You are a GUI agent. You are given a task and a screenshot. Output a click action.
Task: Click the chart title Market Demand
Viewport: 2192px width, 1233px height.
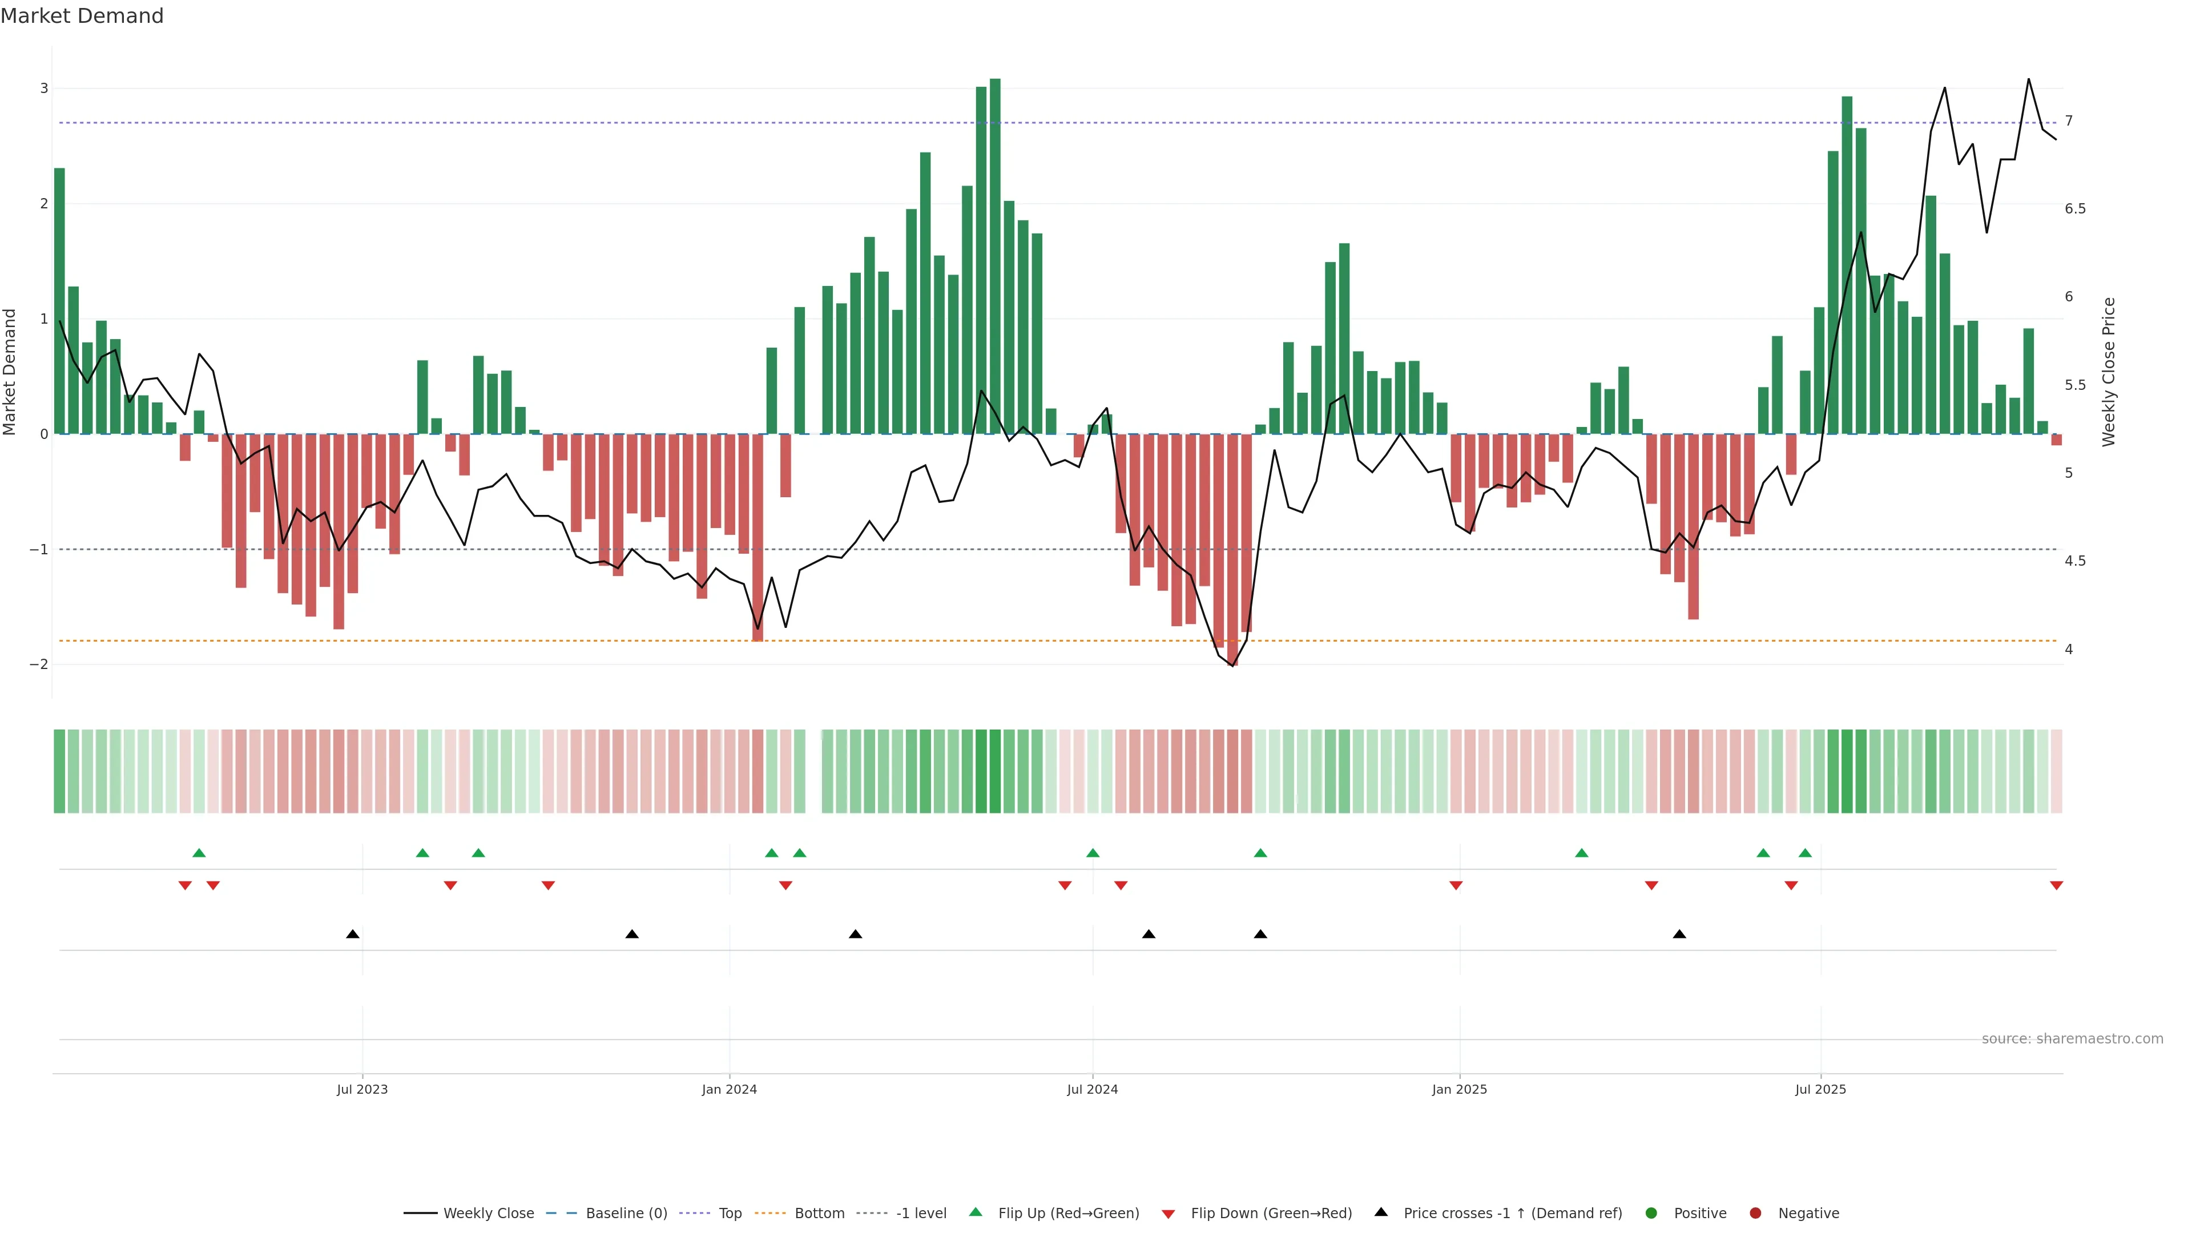pyautogui.click(x=82, y=16)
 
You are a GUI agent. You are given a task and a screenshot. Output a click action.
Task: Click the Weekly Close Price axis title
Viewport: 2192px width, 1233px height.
pyautogui.click(x=2108, y=372)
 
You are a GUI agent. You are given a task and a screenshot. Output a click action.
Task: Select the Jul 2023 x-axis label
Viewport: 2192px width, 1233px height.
pyautogui.click(x=362, y=1089)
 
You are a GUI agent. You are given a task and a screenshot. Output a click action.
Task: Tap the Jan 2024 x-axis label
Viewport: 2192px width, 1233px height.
pyautogui.click(x=730, y=1089)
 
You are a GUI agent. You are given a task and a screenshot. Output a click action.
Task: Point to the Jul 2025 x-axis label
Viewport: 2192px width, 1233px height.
pyautogui.click(x=1820, y=1089)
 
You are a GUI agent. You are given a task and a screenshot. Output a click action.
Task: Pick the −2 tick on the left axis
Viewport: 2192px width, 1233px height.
pyautogui.click(x=39, y=664)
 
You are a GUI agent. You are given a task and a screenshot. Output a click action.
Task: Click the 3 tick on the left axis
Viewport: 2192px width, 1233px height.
pyautogui.click(x=45, y=88)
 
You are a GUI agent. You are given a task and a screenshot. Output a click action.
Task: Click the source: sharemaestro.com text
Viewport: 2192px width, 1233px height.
pyautogui.click(x=2072, y=1039)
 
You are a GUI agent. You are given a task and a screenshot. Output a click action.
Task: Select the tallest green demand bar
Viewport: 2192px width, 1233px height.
pyautogui.click(x=995, y=255)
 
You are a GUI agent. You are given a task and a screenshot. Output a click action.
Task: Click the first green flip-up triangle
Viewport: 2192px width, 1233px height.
pyautogui.click(x=199, y=853)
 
